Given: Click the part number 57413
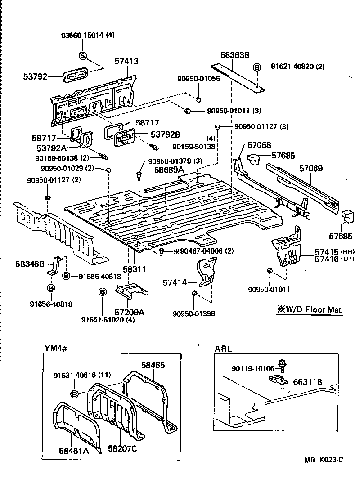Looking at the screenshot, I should coord(126,62).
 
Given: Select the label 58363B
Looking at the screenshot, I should coord(234,55).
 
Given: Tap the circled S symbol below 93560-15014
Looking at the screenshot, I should coord(82,55).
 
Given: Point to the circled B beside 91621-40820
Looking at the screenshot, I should coord(257,67).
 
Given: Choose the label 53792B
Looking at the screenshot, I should coord(165,134).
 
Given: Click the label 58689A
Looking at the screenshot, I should coord(169,170).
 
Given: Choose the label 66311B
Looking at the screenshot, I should coord(308,382).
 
